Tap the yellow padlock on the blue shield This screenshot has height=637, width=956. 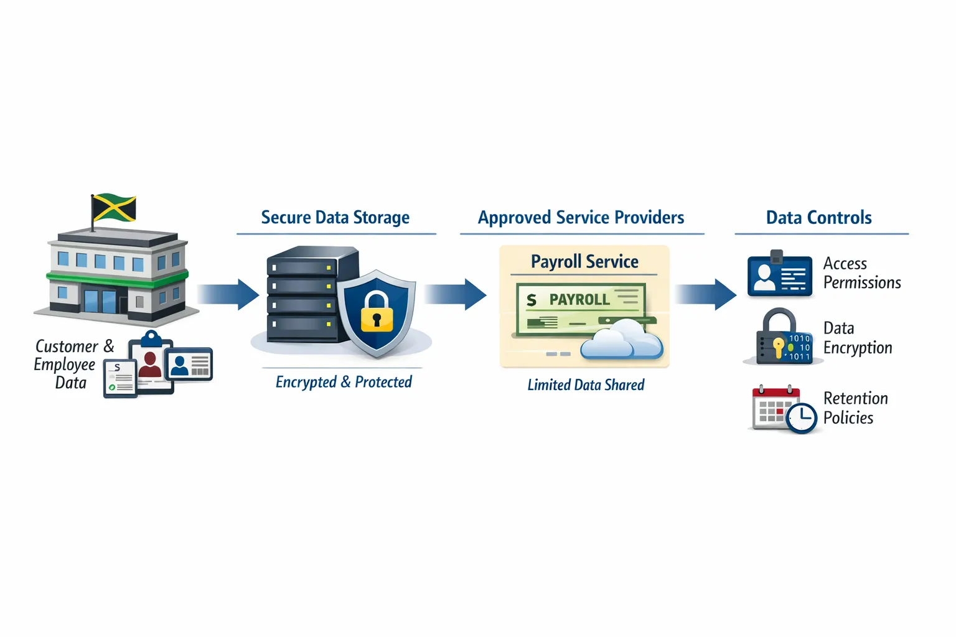click(x=377, y=313)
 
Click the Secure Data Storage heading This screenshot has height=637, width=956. click(x=335, y=218)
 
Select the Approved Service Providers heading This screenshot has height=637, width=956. click(x=581, y=218)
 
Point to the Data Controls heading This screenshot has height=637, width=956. click(x=818, y=218)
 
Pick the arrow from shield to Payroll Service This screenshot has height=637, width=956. click(x=456, y=294)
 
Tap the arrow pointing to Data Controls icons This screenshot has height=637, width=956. click(x=706, y=294)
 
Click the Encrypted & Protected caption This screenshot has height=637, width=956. click(x=344, y=382)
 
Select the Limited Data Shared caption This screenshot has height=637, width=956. click(x=586, y=385)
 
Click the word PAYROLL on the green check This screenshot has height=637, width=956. click(x=579, y=300)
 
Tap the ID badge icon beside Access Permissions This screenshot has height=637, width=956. click(x=780, y=275)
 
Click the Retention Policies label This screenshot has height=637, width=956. click(x=855, y=408)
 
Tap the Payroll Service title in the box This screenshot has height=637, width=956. click(x=584, y=262)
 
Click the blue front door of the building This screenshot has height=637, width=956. click(x=99, y=301)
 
